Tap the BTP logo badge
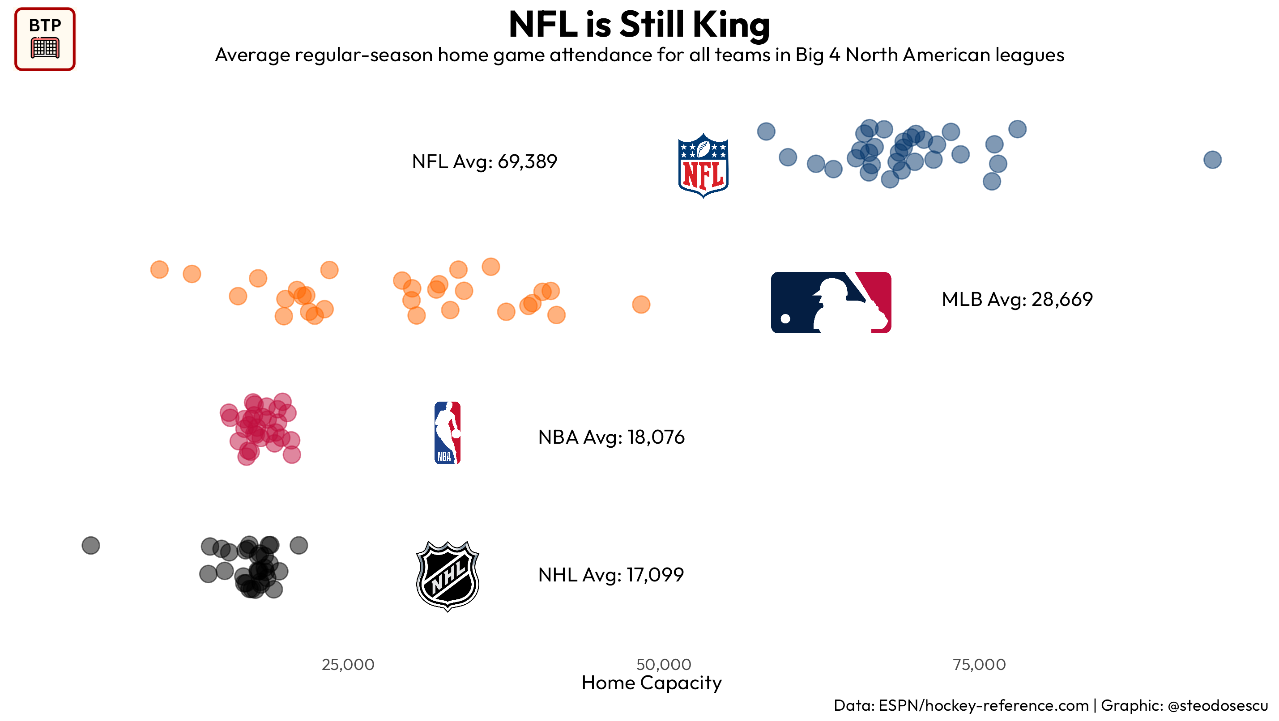point(45,39)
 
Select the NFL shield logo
point(703,165)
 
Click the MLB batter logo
point(831,302)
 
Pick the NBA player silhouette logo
point(448,433)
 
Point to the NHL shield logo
point(448,576)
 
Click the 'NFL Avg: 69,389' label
point(484,162)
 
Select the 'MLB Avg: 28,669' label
point(1017,299)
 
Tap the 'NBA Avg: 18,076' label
point(611,437)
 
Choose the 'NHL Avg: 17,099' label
point(611,575)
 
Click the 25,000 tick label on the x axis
point(348,665)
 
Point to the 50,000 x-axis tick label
point(663,665)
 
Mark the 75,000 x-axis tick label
point(979,665)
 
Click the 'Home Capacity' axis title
point(652,683)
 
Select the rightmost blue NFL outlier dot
point(1212,160)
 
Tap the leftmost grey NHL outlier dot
point(91,545)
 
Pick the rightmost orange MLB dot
point(641,305)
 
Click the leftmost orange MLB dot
point(159,269)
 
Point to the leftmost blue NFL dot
point(766,131)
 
